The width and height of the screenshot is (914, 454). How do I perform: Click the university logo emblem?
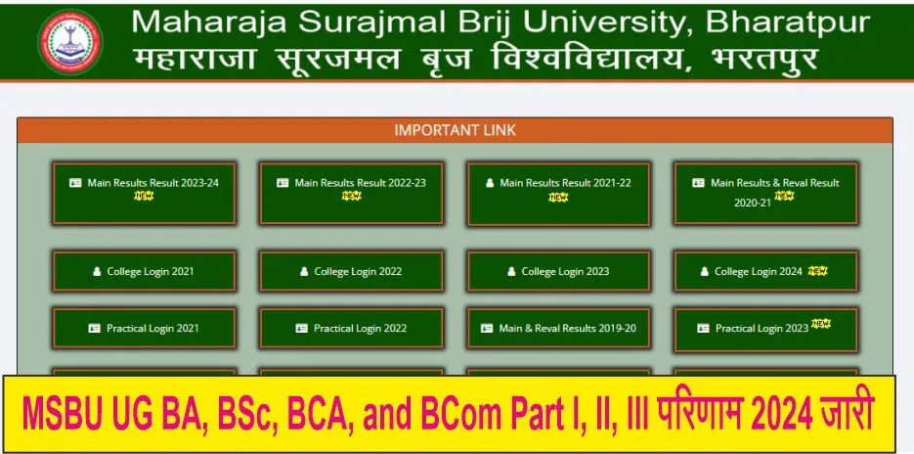click(x=69, y=41)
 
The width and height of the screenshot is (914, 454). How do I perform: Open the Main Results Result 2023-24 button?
click(x=144, y=193)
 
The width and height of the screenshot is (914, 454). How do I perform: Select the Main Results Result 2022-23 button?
click(x=351, y=193)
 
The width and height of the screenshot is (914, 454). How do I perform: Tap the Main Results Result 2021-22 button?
click(x=558, y=193)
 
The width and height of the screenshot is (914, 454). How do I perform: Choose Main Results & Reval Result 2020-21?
click(x=765, y=193)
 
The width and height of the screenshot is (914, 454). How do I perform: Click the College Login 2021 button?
click(x=144, y=271)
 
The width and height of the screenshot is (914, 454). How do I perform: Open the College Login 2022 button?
click(x=351, y=271)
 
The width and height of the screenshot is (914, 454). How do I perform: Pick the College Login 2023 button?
click(x=558, y=271)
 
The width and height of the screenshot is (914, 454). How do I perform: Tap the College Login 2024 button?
click(x=765, y=271)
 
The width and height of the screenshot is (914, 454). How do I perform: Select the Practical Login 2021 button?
click(x=144, y=329)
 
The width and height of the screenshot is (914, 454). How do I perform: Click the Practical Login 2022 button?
click(x=351, y=329)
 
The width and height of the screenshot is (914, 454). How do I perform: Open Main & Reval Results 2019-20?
click(x=558, y=329)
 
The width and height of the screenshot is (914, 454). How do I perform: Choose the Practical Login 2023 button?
click(x=765, y=329)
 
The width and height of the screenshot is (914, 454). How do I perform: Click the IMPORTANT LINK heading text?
click(x=455, y=130)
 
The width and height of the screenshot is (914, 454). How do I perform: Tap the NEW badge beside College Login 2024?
click(x=817, y=270)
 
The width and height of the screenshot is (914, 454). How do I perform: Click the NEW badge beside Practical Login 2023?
click(x=820, y=324)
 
